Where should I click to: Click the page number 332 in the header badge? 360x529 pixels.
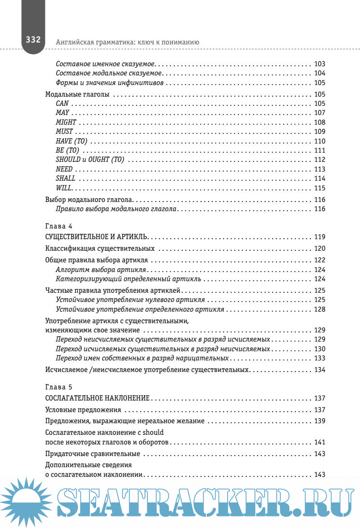pos(33,40)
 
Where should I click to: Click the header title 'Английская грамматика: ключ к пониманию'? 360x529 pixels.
pos(128,42)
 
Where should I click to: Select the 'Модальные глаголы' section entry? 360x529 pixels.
pos(77,95)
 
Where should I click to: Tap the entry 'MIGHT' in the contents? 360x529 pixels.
pos(66,122)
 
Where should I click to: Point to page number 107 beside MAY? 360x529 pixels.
pos(319,113)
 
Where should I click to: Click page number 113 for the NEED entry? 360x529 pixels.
pos(319,169)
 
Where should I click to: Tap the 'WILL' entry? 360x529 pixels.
pos(64,188)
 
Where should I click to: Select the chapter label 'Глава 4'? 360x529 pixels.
pos(58,225)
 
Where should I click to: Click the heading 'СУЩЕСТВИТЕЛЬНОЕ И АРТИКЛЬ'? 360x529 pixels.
pos(97,237)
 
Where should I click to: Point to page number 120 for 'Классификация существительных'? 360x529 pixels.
pos(319,248)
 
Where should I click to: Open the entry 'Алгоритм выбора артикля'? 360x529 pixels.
pos(101,270)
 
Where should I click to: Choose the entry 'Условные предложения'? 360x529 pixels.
pos(79,410)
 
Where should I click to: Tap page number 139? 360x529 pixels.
pos(319,421)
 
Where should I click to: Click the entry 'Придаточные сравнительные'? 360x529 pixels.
pos(92,454)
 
